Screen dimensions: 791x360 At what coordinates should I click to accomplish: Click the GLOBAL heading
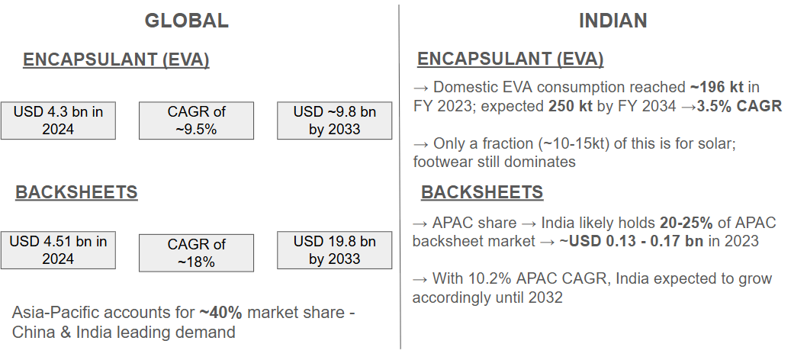[x=187, y=21]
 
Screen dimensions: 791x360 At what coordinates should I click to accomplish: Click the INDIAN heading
[x=613, y=21]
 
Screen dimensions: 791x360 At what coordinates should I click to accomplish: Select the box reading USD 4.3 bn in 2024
[x=58, y=121]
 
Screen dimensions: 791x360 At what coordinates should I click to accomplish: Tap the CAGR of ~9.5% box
[x=196, y=121]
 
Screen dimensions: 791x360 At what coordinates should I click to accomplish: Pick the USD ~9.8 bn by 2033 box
[x=334, y=121]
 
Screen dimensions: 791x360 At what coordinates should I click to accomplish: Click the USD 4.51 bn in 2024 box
[x=58, y=250]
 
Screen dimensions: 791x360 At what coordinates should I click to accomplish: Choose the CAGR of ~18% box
[x=196, y=252]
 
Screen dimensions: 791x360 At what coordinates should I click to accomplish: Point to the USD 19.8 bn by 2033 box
[x=334, y=250]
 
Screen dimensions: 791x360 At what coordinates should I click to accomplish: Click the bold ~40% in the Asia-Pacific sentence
[x=221, y=313]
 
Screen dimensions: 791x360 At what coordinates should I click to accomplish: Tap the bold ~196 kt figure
[x=717, y=87]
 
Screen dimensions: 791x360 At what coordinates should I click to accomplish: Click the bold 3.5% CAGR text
[x=740, y=106]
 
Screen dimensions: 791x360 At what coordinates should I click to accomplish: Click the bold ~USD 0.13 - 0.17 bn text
[x=631, y=241]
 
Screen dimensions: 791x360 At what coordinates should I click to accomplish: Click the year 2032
[x=545, y=297]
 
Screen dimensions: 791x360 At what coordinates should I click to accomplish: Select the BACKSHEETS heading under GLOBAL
[x=76, y=192]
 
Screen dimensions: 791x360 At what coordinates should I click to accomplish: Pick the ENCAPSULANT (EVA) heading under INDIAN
[x=510, y=59]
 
